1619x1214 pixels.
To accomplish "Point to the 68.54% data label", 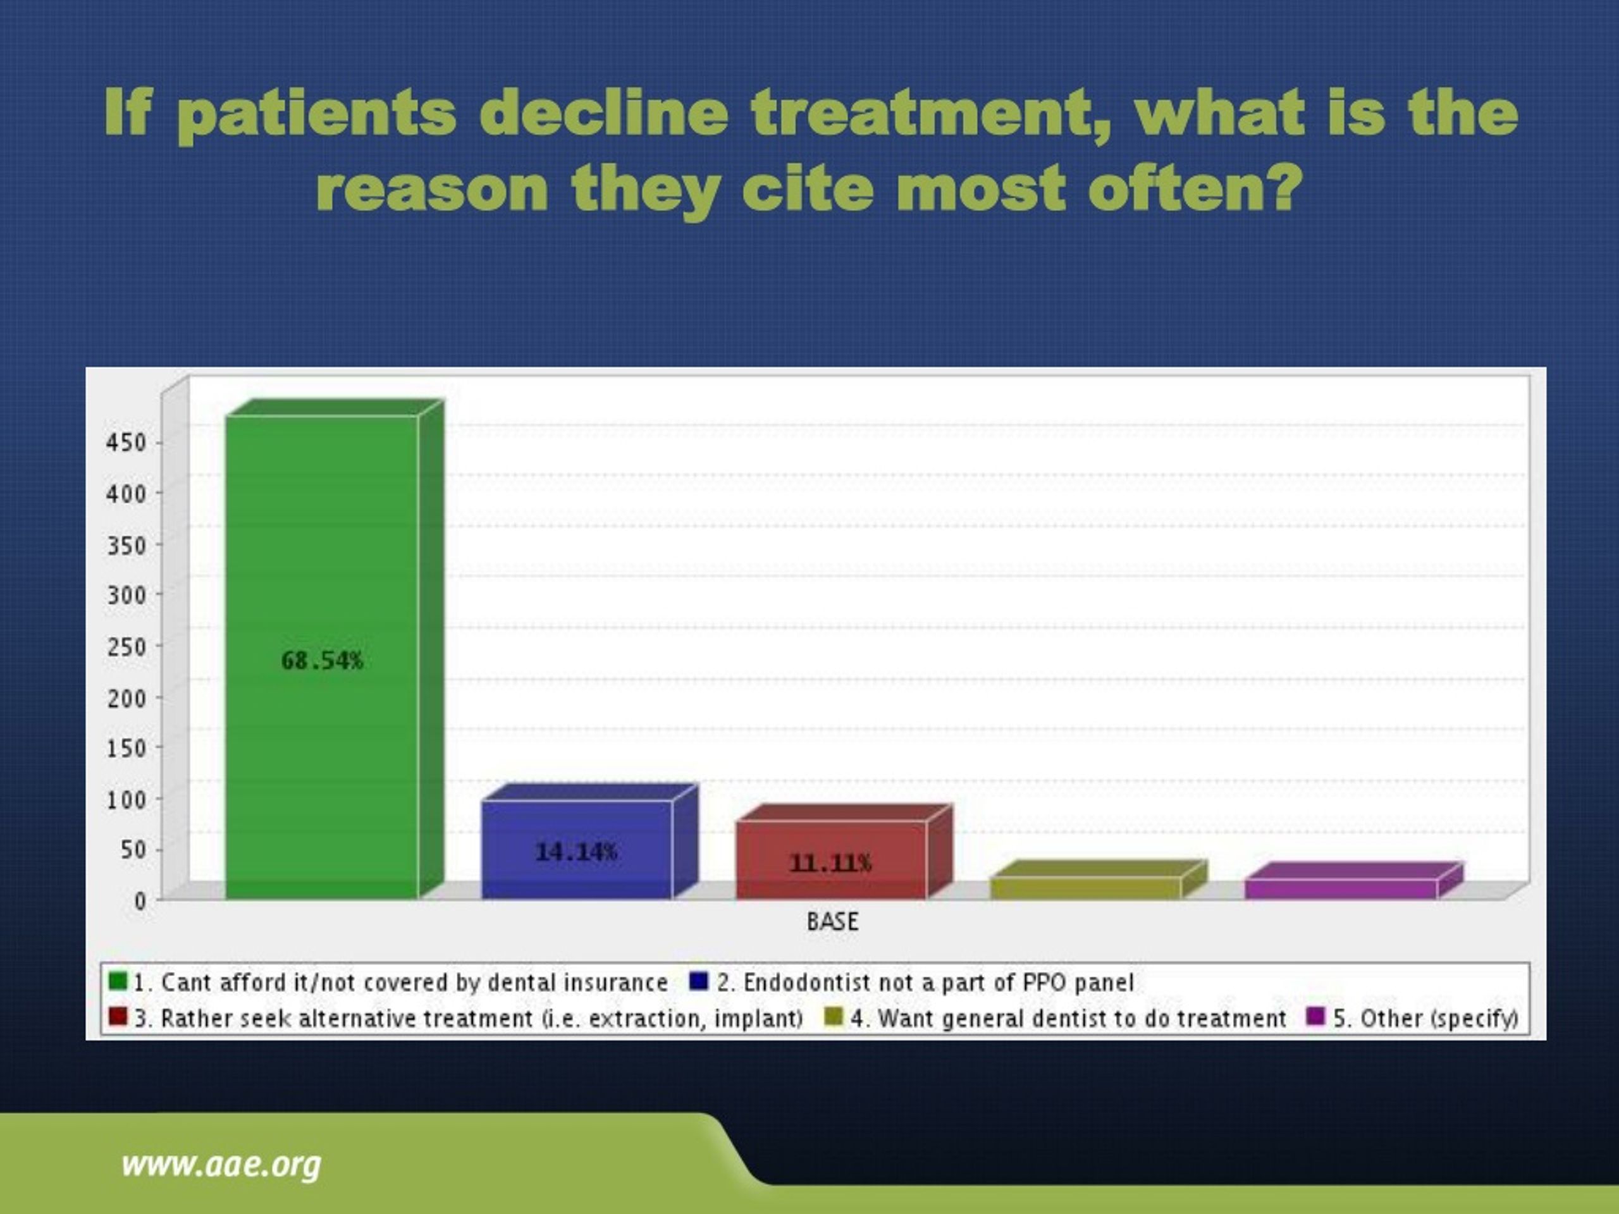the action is (322, 661).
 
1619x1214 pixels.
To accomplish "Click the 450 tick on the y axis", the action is (126, 443).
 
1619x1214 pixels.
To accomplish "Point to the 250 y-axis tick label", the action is (126, 647).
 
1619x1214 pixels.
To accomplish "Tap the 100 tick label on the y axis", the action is (126, 799).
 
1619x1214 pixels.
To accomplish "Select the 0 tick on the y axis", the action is (140, 901).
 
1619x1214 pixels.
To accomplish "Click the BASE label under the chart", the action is (832, 921).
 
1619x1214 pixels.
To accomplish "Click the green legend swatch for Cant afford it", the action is (117, 981).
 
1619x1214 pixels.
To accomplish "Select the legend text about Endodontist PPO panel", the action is (925, 982).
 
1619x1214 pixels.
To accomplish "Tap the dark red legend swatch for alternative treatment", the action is (117, 1017).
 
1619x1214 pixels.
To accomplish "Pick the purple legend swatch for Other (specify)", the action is (1315, 1017).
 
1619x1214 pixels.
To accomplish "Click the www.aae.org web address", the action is (221, 1164).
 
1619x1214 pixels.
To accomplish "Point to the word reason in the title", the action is (432, 189).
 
